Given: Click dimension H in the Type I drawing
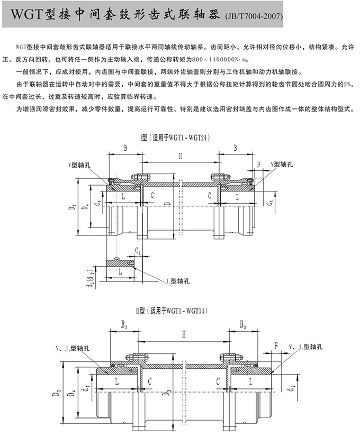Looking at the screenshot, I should click(x=180, y=156).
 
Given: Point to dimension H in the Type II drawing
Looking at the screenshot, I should click(x=184, y=334).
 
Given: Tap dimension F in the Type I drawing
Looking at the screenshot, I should click(x=258, y=165).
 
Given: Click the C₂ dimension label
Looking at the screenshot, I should click(x=138, y=250).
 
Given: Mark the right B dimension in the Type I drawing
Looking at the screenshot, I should click(x=235, y=149).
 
